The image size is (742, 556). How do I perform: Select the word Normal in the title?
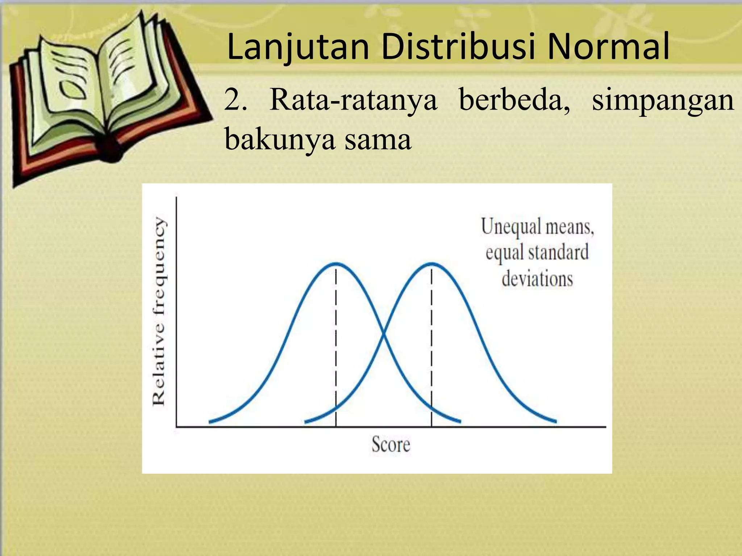pos(609,47)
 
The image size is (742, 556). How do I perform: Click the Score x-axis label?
pos(391,444)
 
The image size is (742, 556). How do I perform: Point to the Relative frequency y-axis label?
pos(159,311)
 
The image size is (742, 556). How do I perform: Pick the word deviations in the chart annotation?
pos(537,279)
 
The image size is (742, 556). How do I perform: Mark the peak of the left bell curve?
pos(336,264)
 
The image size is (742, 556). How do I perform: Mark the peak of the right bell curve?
pos(432,264)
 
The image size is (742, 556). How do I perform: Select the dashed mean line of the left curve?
pos(336,347)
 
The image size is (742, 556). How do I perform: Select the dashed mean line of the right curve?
pos(432,347)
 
